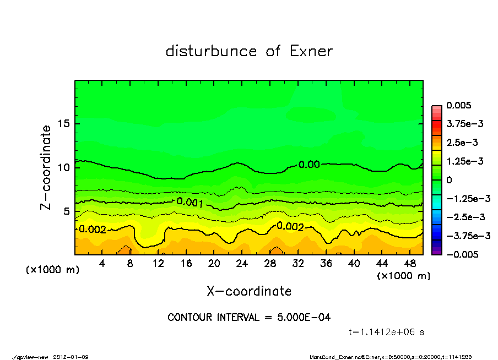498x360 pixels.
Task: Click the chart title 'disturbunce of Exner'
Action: pyautogui.click(x=249, y=51)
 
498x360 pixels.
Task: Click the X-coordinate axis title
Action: pyautogui.click(x=249, y=291)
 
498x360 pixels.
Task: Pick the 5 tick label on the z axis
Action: pyautogui.click(x=67, y=211)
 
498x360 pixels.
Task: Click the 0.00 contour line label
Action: pyautogui.click(x=309, y=164)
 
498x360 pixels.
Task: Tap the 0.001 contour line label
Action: pyautogui.click(x=190, y=203)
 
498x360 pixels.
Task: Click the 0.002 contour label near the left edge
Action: pyautogui.click(x=93, y=229)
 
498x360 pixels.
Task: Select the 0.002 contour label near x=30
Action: pyautogui.click(x=290, y=226)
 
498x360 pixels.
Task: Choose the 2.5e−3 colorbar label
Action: pyautogui.click(x=462, y=143)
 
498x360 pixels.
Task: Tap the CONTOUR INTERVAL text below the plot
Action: pyautogui.click(x=249, y=318)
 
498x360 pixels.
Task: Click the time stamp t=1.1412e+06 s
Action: pyautogui.click(x=386, y=332)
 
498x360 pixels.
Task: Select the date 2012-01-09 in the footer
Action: pyautogui.click(x=71, y=357)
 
